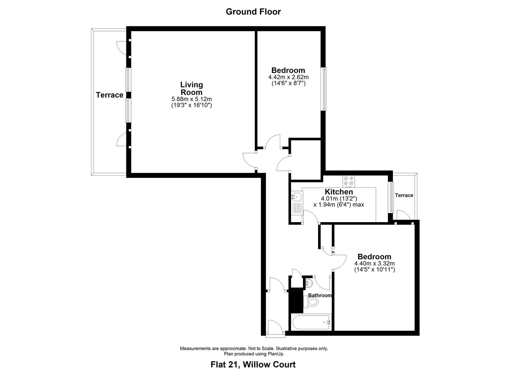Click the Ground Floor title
click(x=253, y=12)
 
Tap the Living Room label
click(x=192, y=88)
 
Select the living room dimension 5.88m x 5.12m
click(x=192, y=99)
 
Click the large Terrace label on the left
click(x=109, y=95)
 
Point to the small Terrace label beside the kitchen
click(x=404, y=195)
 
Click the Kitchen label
click(x=339, y=192)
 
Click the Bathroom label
click(x=320, y=295)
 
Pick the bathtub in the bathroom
click(x=311, y=322)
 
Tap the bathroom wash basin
click(x=309, y=283)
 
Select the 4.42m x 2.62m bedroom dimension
click(x=288, y=77)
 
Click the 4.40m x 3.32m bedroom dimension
click(x=374, y=263)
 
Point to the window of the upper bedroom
click(x=323, y=89)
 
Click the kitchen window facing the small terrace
click(x=391, y=197)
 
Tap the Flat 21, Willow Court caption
click(x=253, y=364)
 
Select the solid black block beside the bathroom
click(x=296, y=300)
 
